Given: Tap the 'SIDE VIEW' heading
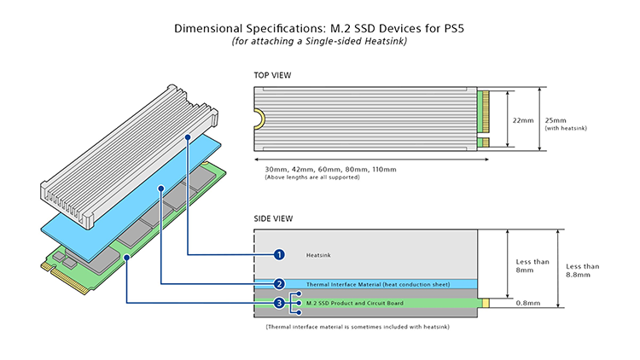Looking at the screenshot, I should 273,218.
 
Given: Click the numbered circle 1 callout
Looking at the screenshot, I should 279,254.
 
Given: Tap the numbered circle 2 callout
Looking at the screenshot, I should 279,284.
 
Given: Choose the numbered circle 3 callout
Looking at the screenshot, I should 279,303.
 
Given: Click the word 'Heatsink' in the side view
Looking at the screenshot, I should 318,254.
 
